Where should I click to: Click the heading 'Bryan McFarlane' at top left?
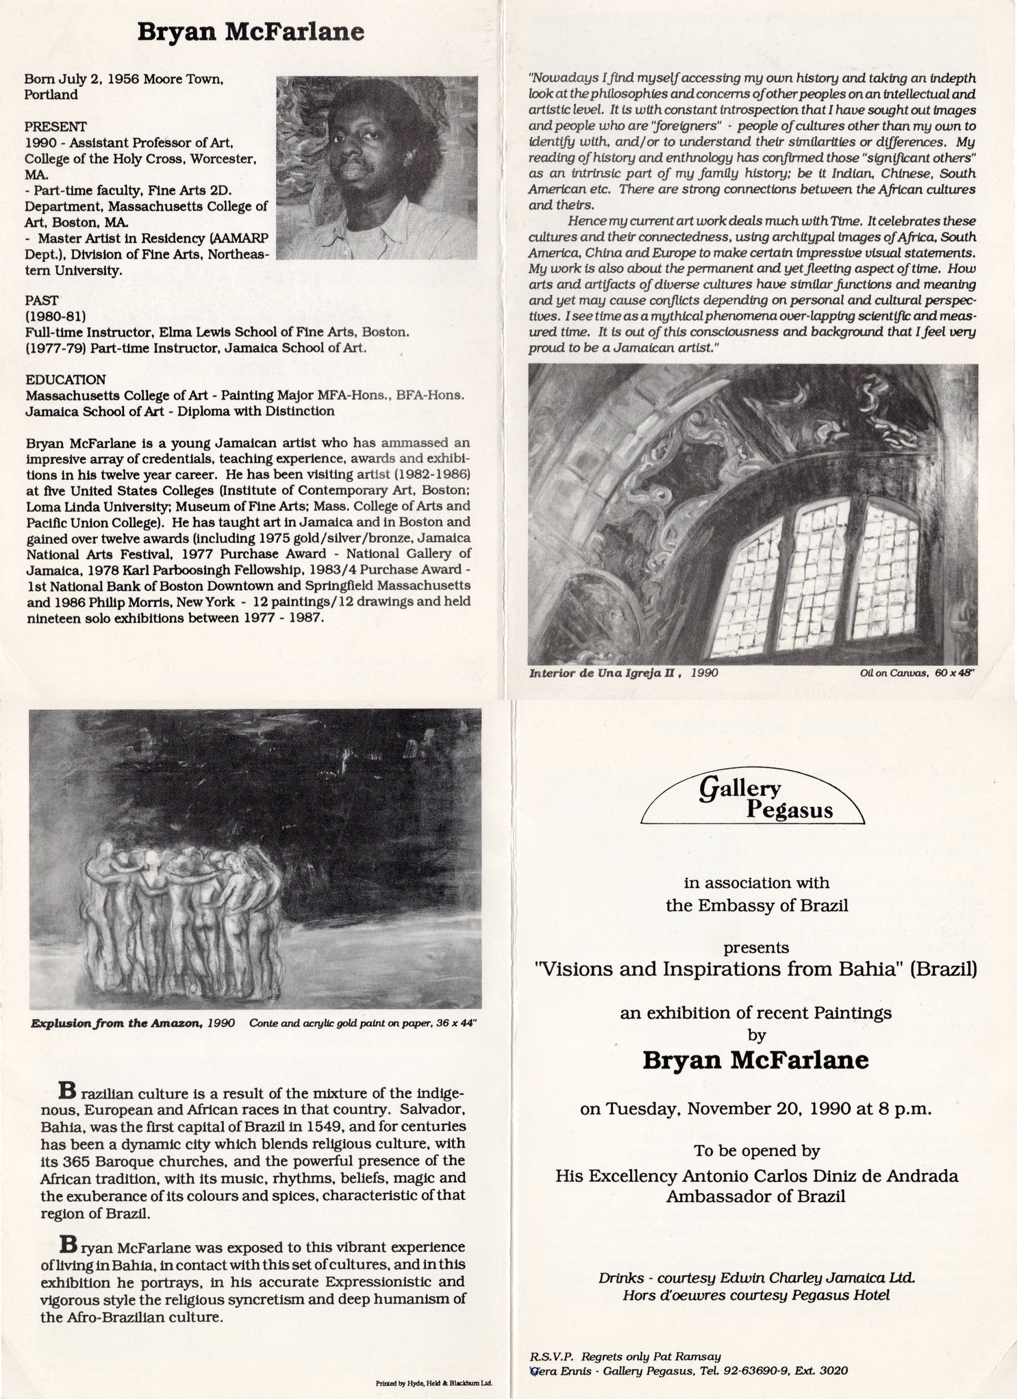point(250,32)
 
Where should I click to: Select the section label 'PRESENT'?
point(55,127)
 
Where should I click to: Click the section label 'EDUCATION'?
point(66,379)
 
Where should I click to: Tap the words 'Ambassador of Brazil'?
point(757,1196)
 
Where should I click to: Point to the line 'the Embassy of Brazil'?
point(757,906)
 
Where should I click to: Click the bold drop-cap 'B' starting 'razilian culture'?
point(66,1088)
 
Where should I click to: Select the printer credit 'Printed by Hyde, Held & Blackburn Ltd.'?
point(434,1383)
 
